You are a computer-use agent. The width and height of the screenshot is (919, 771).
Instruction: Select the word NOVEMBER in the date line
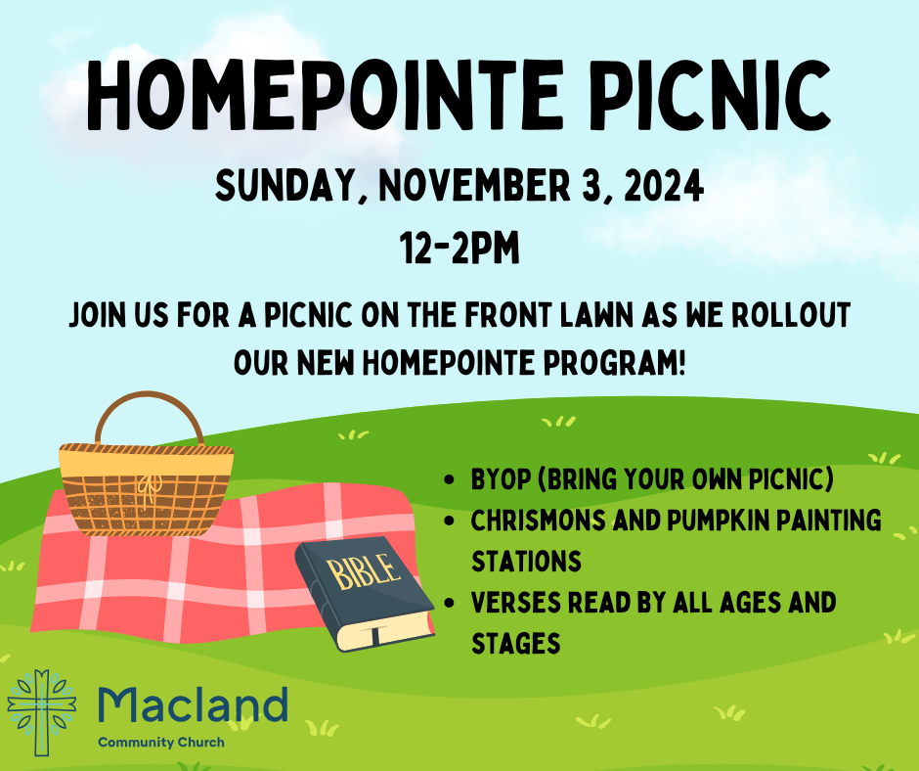475,186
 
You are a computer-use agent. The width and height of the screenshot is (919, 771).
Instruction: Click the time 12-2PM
460,248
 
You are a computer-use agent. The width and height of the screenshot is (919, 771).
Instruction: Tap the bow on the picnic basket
150,487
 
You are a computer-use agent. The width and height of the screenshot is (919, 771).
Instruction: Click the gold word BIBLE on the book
364,571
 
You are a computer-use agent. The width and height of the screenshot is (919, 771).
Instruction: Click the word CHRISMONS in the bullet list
538,521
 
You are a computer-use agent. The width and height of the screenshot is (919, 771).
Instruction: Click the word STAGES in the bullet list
516,644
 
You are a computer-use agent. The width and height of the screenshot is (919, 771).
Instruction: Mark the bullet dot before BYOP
450,480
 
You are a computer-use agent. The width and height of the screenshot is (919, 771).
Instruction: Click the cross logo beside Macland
42,711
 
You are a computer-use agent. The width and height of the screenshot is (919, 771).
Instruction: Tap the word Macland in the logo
193,704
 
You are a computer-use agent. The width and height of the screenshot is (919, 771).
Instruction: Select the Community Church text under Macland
161,743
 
